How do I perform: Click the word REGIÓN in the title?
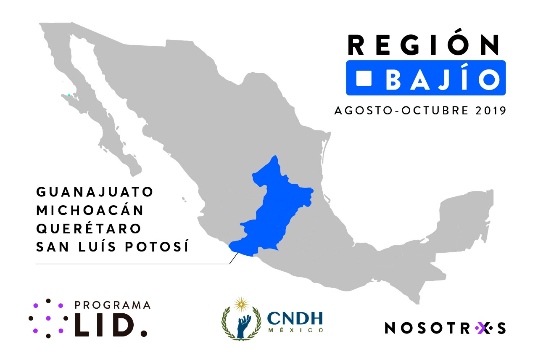[424, 45]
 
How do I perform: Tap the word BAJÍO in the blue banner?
[443, 79]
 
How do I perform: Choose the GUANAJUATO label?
[95, 192]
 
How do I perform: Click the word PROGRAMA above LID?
[112, 305]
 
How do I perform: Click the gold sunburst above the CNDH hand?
[241, 303]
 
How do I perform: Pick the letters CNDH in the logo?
[295, 318]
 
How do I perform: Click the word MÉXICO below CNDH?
[296, 331]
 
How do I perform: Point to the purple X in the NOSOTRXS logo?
[482, 328]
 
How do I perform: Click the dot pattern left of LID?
[47, 318]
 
